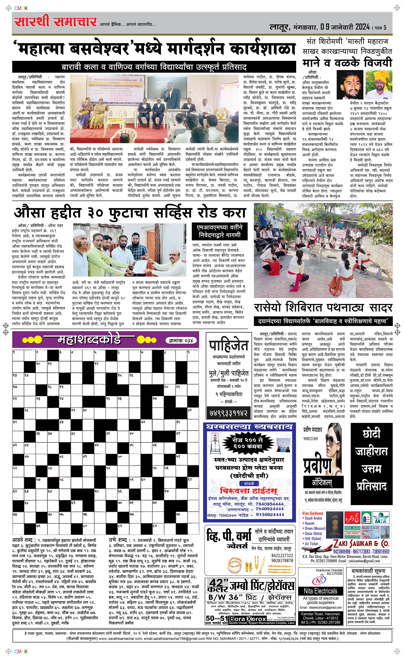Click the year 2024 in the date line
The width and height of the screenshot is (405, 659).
[363, 27]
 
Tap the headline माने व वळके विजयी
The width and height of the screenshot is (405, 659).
[347, 62]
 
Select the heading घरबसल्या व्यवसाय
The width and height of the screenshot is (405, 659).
[250, 427]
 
